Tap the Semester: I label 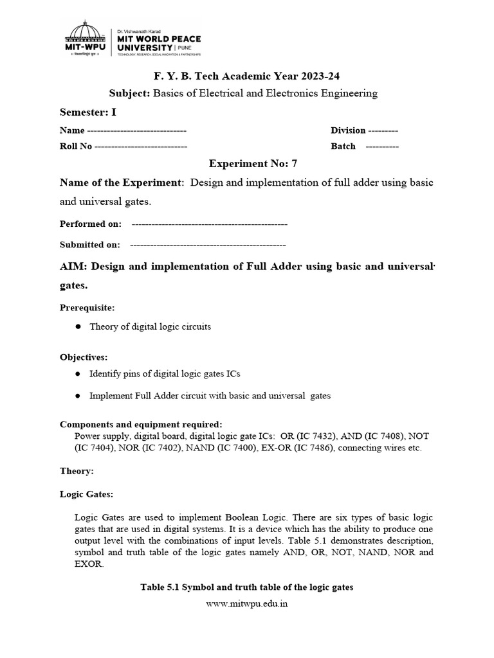88,112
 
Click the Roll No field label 76,147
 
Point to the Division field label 348,130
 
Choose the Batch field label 343,147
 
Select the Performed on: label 90,224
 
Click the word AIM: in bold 75,267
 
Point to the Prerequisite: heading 87,308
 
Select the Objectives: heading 84,357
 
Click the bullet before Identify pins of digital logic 78,374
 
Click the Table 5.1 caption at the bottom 246,587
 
